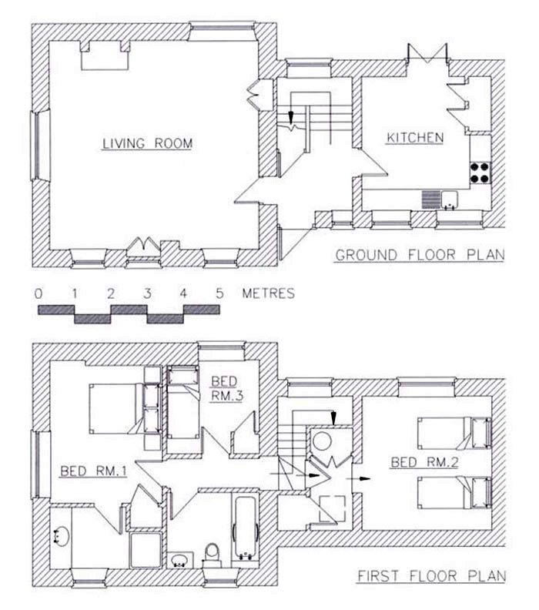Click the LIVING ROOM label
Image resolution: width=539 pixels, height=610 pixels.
pyautogui.click(x=147, y=143)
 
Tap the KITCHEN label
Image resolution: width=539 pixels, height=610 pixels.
pyautogui.click(x=415, y=138)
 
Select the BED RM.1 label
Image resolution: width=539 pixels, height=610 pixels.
pyautogui.click(x=93, y=471)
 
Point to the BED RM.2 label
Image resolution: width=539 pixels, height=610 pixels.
pyautogui.click(x=424, y=462)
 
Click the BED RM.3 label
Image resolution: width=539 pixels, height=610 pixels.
pyautogui.click(x=226, y=389)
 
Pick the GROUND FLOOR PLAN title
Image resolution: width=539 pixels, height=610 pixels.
pyautogui.click(x=420, y=255)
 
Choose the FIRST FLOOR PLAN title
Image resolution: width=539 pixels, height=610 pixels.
pyautogui.click(x=432, y=576)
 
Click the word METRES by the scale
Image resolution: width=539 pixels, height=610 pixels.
pyautogui.click(x=268, y=293)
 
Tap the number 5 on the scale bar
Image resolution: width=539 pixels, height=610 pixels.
pyautogui.click(x=219, y=293)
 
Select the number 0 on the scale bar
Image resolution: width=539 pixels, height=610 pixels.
pyautogui.click(x=38, y=293)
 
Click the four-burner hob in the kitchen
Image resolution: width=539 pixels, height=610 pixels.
pyautogui.click(x=480, y=173)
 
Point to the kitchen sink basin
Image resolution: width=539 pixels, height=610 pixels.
pyautogui.click(x=450, y=199)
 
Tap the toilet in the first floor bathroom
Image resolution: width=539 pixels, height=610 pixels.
pyautogui.click(x=212, y=555)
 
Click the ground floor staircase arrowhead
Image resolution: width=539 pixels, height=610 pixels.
pyautogui.click(x=290, y=117)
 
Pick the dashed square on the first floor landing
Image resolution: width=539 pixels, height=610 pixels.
pyautogui.click(x=332, y=508)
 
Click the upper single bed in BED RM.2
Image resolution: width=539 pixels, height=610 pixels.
pyautogui.click(x=454, y=433)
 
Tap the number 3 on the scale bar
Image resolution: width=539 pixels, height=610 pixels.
pyautogui.click(x=147, y=293)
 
